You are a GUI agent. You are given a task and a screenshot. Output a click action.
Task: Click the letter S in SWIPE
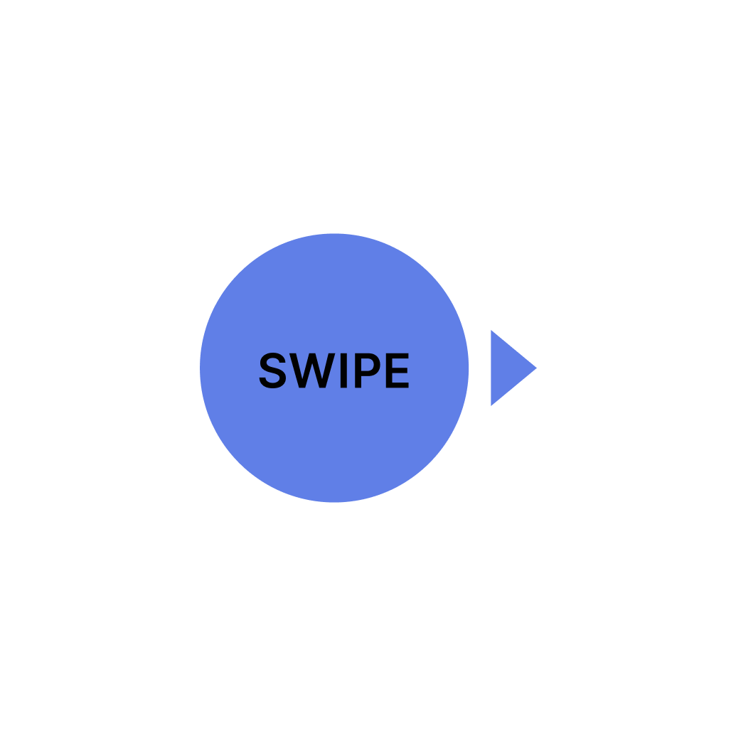pyautogui.click(x=273, y=371)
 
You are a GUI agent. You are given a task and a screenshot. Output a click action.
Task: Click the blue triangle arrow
pyautogui.click(x=508, y=368)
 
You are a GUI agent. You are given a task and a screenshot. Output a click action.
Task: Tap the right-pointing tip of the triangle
pyautogui.click(x=535, y=368)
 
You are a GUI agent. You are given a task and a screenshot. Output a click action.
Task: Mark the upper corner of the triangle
pyautogui.click(x=491, y=331)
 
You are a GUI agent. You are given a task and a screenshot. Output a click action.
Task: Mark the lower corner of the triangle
pyautogui.click(x=491, y=405)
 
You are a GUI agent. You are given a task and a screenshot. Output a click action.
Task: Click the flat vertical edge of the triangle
pyautogui.click(x=491, y=368)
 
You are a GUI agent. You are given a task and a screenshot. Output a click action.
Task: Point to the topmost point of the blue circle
pyautogui.click(x=334, y=234)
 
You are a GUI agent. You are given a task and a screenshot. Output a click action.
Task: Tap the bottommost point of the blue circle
pyautogui.click(x=334, y=502)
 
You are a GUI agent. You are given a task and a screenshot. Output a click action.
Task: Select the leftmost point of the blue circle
pyautogui.click(x=201, y=368)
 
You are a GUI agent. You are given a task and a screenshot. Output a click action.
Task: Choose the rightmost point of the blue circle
pyautogui.click(x=468, y=368)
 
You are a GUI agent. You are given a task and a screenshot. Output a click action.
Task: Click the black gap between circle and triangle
pyautogui.click(x=480, y=368)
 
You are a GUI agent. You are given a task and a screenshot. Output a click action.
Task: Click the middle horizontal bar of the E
pyautogui.click(x=398, y=370)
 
